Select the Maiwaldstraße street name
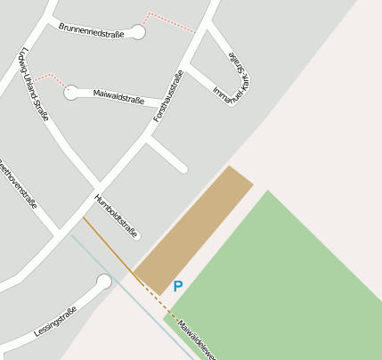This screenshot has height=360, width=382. click(118, 96)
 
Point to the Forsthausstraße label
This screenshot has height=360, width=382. click(168, 95)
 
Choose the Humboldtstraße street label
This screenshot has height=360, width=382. click(116, 217)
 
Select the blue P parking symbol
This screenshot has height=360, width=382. click(178, 287)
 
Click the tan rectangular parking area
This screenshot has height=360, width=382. click(193, 229)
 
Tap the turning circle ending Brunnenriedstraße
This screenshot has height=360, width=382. click(138, 32)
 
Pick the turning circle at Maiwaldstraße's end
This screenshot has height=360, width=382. click(71, 93)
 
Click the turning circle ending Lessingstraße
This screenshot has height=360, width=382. click(104, 282)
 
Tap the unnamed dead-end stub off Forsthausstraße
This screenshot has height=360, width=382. click(167, 153)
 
